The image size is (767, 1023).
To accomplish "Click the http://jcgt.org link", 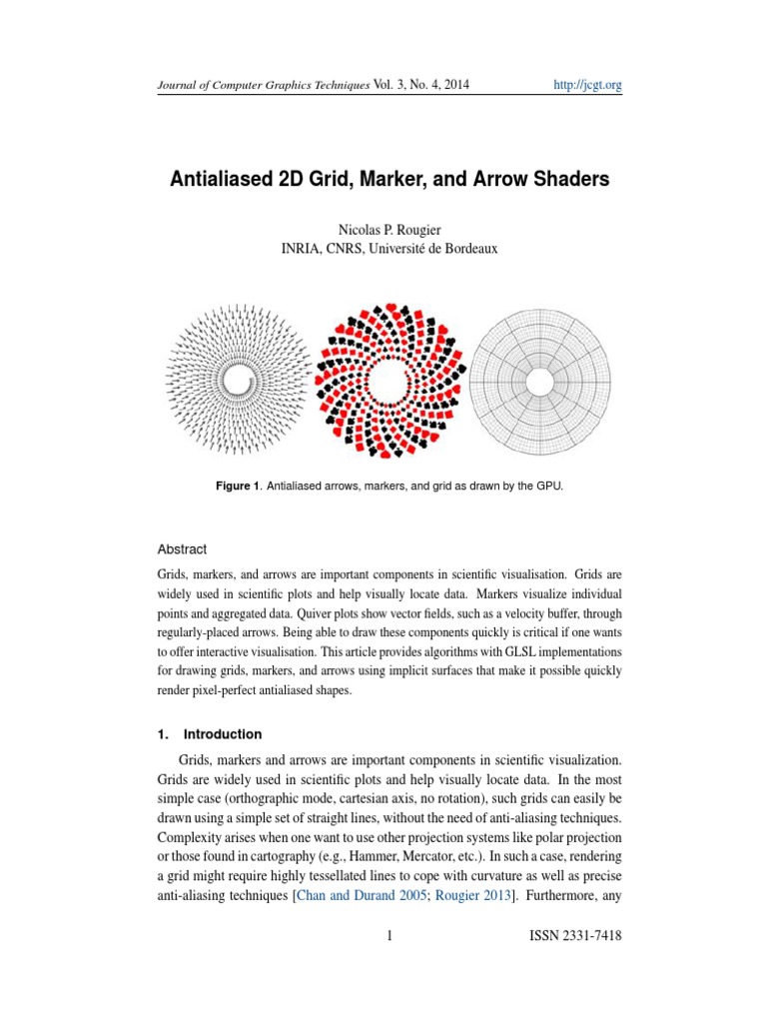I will tap(587, 86).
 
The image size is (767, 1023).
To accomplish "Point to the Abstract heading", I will tap(183, 548).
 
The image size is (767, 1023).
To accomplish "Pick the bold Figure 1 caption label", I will tap(239, 486).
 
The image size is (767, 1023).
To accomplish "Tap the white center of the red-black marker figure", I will tap(388, 381).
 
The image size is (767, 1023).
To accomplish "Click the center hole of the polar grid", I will tap(540, 381).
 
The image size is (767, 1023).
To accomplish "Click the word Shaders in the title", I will tap(564, 182).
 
